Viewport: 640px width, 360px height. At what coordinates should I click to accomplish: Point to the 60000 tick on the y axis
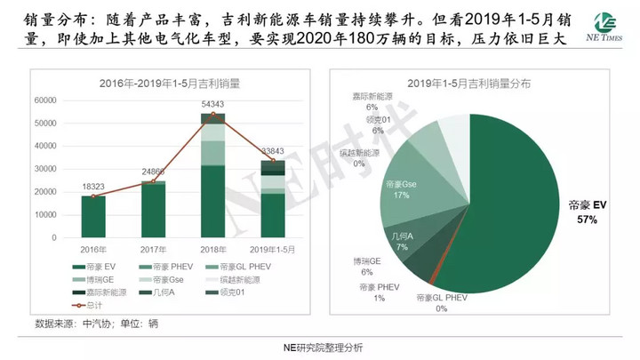click(x=44, y=100)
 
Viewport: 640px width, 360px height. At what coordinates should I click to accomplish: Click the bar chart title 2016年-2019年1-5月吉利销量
click(x=173, y=84)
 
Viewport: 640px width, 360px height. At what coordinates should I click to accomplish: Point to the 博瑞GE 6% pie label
click(x=370, y=267)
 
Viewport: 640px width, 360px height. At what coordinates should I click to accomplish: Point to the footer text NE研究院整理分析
click(x=321, y=348)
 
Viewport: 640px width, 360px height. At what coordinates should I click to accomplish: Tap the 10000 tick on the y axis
click(x=44, y=215)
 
